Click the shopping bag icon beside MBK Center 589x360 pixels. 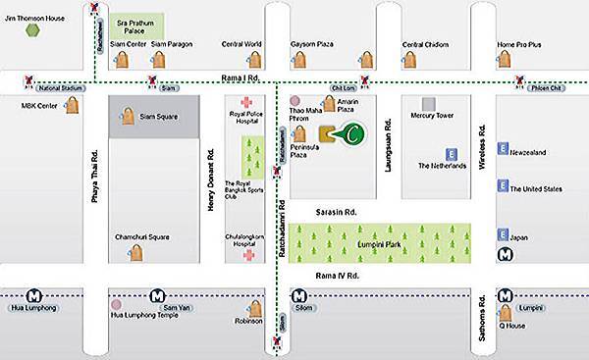72,107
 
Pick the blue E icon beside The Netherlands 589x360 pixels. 451,154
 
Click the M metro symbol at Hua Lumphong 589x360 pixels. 34,293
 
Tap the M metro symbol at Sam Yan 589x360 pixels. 157,293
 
